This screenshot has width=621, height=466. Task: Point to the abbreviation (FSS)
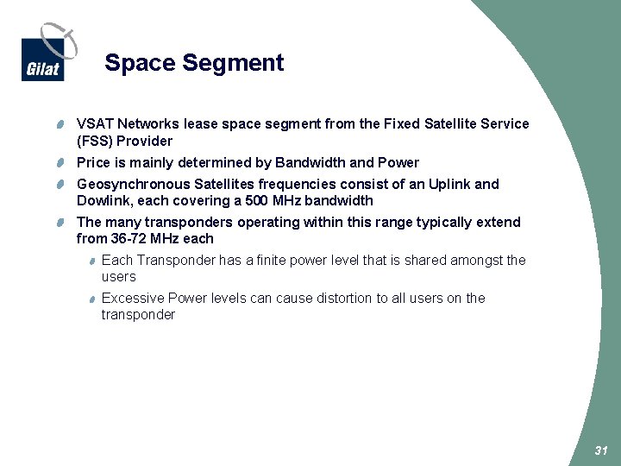pyautogui.click(x=94, y=142)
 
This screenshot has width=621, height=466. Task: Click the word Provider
pyautogui.click(x=145, y=142)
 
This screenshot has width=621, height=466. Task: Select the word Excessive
pyautogui.click(x=133, y=299)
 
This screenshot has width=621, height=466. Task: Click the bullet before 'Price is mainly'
pyautogui.click(x=63, y=163)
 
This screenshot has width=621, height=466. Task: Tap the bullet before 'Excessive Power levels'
pyautogui.click(x=91, y=299)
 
